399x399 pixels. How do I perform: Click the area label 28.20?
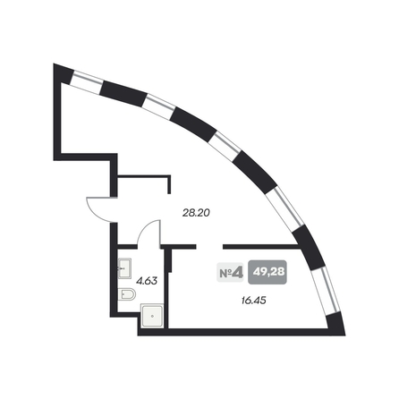(x=196, y=213)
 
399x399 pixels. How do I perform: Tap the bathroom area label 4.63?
(x=147, y=281)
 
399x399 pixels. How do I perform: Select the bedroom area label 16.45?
(x=253, y=301)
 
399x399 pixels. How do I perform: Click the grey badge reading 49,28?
(x=267, y=272)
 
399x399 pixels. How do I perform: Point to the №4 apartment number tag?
(x=230, y=273)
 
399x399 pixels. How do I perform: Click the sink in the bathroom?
(x=124, y=268)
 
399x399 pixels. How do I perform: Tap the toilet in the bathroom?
(x=127, y=294)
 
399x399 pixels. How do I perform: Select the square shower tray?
(x=152, y=316)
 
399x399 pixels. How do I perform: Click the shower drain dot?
(x=152, y=316)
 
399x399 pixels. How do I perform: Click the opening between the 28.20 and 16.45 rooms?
(x=209, y=247)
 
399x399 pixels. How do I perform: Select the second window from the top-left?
(x=160, y=106)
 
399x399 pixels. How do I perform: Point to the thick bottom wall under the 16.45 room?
(x=242, y=332)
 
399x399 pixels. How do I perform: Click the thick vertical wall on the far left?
(x=57, y=112)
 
